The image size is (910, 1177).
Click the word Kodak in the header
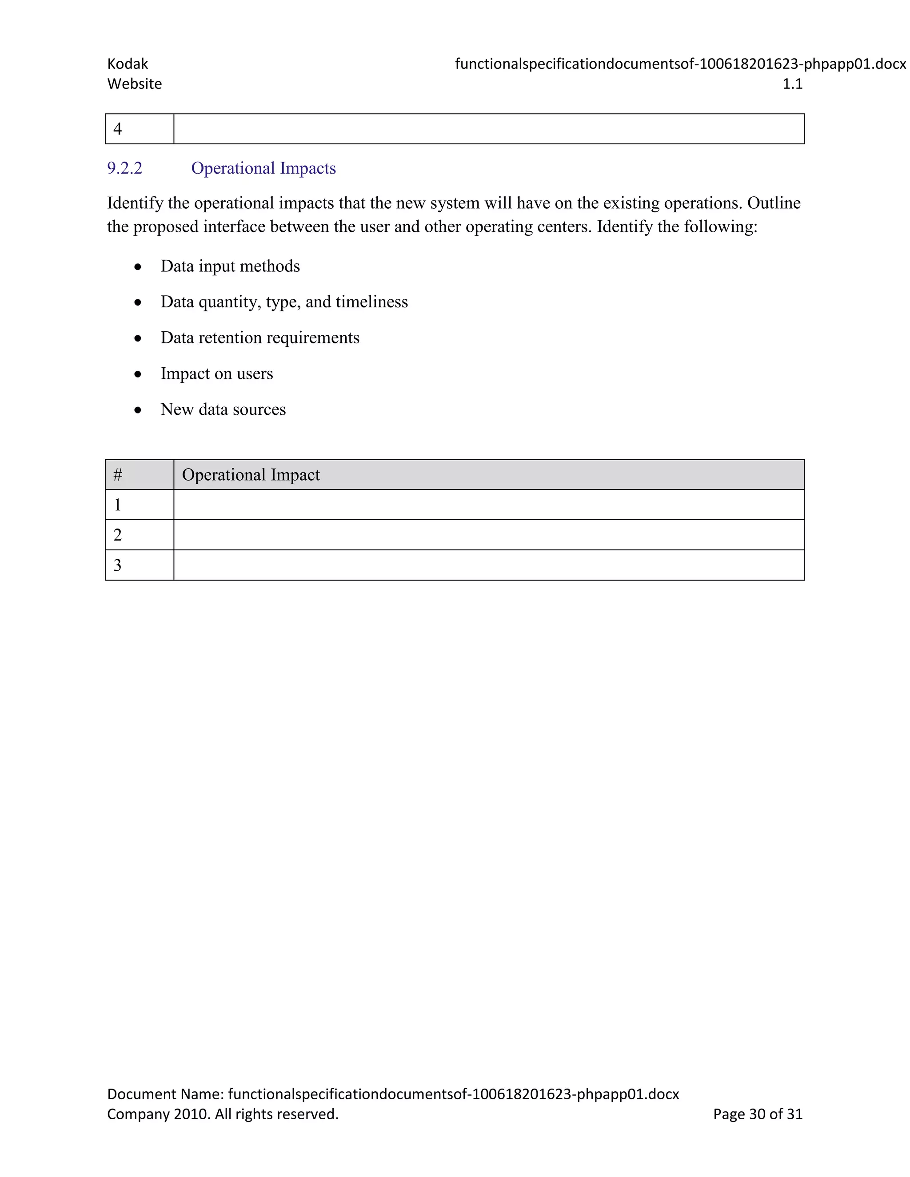[x=127, y=64]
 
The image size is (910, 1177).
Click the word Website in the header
[x=134, y=84]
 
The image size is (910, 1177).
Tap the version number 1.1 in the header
[x=792, y=84]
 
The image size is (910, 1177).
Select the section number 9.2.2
[x=124, y=168]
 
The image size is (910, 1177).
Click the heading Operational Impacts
[x=263, y=168]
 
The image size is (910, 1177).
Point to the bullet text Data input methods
[x=230, y=266]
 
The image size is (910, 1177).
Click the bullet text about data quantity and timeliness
[x=283, y=302]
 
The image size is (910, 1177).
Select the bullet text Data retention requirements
[x=259, y=338]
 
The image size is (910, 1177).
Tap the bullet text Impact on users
[x=216, y=374]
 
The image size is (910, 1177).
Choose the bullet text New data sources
[x=223, y=410]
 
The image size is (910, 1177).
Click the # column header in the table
[x=117, y=475]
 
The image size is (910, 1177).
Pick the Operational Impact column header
[x=251, y=475]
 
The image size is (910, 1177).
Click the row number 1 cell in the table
[x=117, y=505]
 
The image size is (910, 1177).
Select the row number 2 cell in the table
[x=117, y=535]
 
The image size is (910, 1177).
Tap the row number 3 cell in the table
[x=117, y=565]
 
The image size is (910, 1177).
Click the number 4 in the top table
[x=117, y=129]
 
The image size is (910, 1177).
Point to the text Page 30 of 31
[x=758, y=1114]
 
